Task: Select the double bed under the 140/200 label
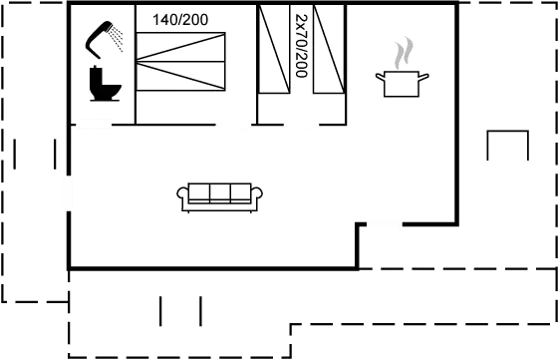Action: (x=181, y=64)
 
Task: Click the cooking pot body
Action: (x=401, y=86)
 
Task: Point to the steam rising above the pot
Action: (x=403, y=53)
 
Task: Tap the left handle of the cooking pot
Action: (x=379, y=77)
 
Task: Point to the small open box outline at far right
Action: (x=506, y=147)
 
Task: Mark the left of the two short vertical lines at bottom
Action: (x=160, y=310)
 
